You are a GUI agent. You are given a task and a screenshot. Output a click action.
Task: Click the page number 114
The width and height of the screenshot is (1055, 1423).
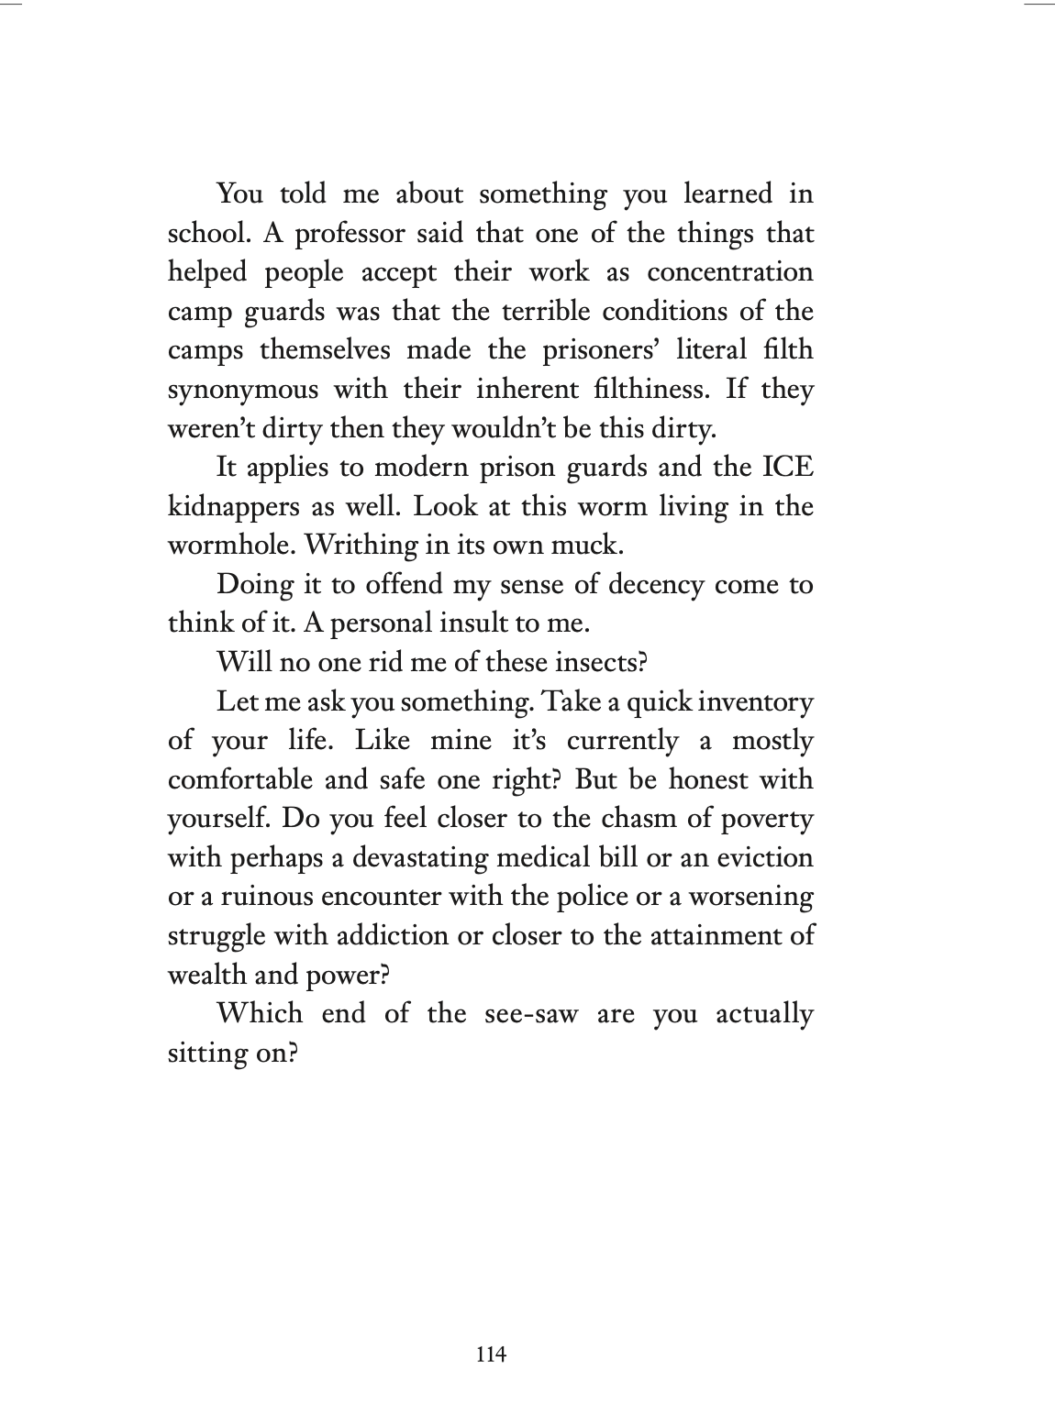point(491,1353)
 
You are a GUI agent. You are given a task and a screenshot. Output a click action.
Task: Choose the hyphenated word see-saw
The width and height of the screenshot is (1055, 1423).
point(523,1014)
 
